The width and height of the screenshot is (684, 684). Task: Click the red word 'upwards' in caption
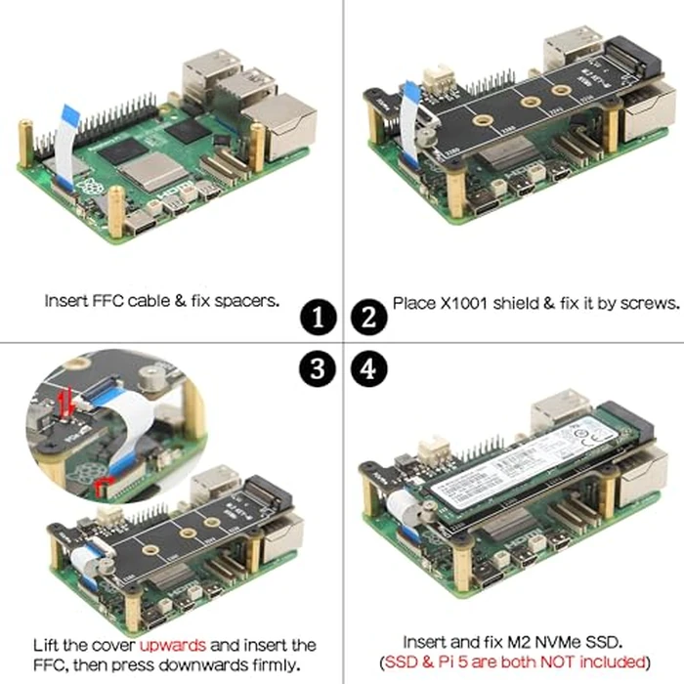point(172,645)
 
